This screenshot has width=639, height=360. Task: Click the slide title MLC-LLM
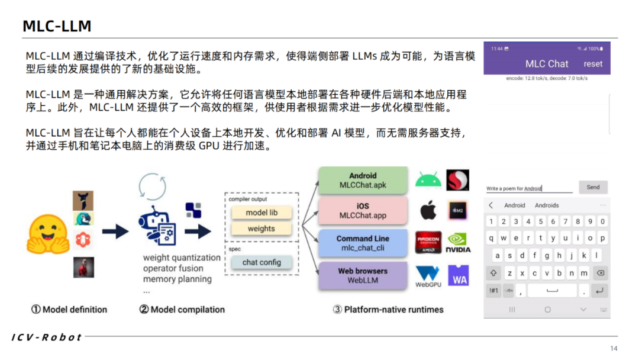click(57, 26)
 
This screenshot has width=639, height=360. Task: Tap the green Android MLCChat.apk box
click(363, 180)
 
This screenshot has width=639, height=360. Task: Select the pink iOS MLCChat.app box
click(363, 211)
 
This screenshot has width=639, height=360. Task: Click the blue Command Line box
click(363, 243)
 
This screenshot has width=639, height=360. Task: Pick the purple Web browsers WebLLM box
click(363, 275)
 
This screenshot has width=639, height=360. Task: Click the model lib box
click(262, 213)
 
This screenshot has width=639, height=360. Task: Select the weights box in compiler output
click(262, 229)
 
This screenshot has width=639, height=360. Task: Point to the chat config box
click(262, 262)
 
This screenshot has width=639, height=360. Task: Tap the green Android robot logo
click(428, 179)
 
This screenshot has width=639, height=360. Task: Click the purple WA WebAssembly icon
click(460, 275)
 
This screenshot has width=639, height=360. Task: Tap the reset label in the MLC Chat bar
click(593, 64)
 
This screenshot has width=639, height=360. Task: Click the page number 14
click(614, 348)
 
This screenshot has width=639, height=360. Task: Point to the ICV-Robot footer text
click(47, 337)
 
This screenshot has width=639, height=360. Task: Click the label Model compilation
click(182, 309)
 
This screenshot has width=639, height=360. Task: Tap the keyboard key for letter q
click(491, 238)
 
